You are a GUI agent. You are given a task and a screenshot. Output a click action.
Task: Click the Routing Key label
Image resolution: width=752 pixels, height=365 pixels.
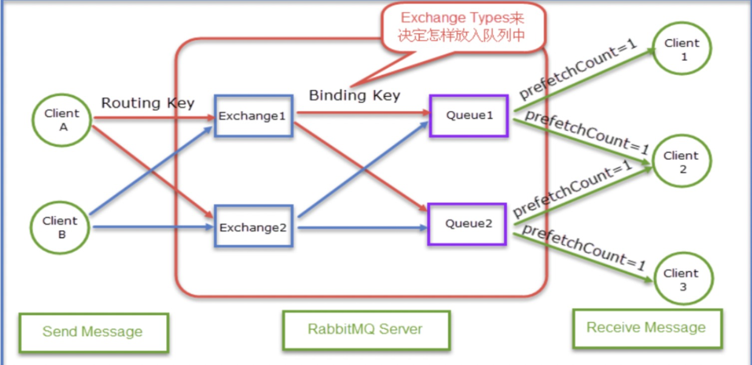tap(148, 103)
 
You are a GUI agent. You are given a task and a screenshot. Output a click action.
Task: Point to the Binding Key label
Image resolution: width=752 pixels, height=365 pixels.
tap(355, 95)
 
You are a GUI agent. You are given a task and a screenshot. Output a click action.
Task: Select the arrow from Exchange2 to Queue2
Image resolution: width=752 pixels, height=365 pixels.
tap(363, 228)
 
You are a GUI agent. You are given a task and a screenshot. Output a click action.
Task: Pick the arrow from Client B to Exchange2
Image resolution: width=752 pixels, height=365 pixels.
tap(153, 227)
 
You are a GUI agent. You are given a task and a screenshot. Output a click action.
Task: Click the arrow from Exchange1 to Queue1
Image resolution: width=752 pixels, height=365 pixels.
tap(364, 113)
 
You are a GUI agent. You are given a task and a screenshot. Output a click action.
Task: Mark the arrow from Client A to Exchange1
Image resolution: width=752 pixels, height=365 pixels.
tap(155, 118)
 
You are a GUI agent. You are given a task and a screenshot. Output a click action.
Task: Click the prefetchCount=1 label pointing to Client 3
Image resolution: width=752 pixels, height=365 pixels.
tap(583, 248)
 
